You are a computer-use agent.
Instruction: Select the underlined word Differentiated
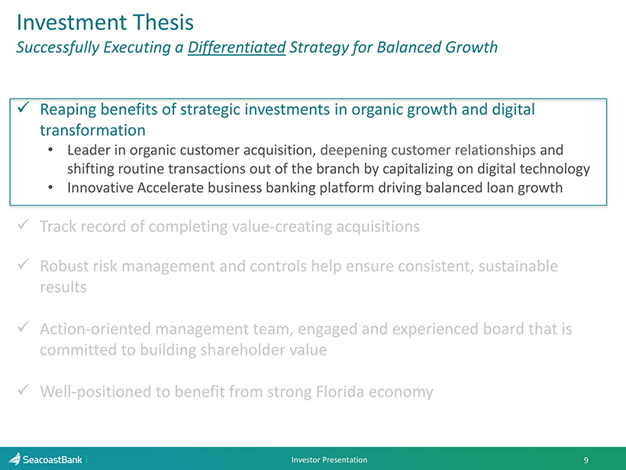tap(237, 47)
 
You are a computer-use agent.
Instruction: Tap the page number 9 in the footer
tap(586, 460)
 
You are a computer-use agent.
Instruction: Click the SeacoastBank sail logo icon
tap(15, 459)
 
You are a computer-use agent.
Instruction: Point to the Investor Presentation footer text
tap(329, 459)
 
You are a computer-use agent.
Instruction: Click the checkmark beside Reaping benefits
tap(24, 107)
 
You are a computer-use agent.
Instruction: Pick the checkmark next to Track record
tap(24, 224)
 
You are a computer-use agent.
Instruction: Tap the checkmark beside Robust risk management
tap(24, 264)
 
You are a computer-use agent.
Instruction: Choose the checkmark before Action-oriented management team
tap(24, 327)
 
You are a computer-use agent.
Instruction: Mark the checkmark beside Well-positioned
tap(24, 389)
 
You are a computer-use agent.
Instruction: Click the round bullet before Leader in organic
tap(50, 151)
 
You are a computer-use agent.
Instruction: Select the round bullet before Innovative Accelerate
tap(50, 188)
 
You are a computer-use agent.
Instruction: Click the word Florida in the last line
tap(340, 391)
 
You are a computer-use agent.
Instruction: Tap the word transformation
tap(92, 130)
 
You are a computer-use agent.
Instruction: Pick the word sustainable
tap(518, 266)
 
